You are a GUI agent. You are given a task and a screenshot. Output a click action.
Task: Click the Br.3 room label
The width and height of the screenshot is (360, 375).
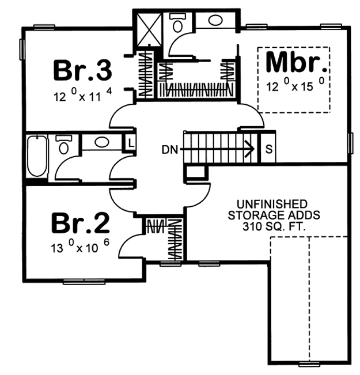[82, 70]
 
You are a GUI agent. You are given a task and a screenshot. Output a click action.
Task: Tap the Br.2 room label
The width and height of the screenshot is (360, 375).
[81, 223]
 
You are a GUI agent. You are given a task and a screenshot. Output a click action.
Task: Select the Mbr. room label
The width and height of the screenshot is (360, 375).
[296, 62]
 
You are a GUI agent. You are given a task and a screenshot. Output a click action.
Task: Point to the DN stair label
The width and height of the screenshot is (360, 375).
[170, 150]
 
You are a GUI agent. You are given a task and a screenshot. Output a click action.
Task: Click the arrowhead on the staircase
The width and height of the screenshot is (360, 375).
[249, 149]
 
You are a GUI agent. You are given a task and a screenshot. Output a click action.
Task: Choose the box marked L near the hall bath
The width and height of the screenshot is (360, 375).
[130, 143]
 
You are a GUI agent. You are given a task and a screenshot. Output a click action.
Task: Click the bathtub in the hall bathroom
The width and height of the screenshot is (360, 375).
[37, 156]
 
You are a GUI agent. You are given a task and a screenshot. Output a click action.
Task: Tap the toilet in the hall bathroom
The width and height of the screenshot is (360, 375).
[63, 145]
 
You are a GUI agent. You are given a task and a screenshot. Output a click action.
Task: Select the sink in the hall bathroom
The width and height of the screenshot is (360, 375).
[101, 142]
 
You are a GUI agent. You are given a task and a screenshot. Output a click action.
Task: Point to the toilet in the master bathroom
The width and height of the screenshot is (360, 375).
[177, 23]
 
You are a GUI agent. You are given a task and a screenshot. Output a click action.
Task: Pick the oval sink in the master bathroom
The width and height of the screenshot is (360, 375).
[215, 20]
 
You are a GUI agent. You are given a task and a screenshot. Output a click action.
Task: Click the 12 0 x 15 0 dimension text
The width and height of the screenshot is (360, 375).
[295, 85]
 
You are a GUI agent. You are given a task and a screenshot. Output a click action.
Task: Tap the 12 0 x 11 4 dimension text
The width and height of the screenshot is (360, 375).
[83, 95]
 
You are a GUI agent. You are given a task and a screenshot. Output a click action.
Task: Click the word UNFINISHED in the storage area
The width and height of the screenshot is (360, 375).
[272, 204]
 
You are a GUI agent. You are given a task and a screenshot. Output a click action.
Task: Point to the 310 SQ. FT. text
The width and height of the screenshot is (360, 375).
[274, 226]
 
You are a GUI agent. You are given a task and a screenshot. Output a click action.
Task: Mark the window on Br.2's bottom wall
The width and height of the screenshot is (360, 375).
[84, 282]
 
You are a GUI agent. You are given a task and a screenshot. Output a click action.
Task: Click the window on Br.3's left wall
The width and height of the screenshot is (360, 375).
[22, 49]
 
